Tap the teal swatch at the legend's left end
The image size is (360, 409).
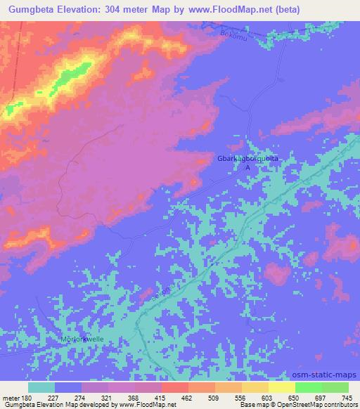coord(41,387)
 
